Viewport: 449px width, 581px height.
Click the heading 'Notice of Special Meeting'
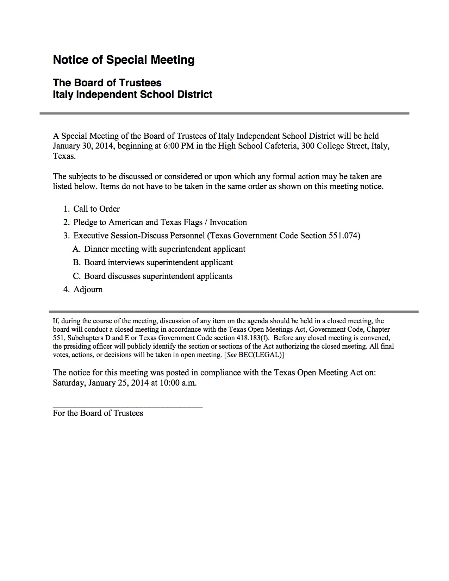tap(123, 60)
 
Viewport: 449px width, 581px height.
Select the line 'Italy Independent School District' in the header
tap(132, 94)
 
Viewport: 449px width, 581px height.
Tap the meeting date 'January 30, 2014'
tap(83, 146)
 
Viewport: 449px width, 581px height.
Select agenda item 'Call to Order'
tap(96, 209)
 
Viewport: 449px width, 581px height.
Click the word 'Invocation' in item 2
tap(228, 222)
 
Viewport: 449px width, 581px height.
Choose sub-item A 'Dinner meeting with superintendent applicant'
tap(164, 249)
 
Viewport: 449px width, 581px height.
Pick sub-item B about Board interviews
tap(158, 262)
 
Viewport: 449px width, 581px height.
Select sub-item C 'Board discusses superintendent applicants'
tap(158, 276)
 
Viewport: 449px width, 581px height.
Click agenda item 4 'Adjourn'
tap(88, 289)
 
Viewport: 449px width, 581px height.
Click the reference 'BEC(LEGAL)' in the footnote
tap(261, 355)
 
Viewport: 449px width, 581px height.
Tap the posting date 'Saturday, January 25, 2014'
tap(101, 383)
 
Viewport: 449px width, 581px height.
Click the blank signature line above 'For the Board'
tap(127, 407)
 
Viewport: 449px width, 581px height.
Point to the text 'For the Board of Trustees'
tap(98, 413)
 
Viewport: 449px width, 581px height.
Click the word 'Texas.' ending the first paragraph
tap(64, 156)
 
